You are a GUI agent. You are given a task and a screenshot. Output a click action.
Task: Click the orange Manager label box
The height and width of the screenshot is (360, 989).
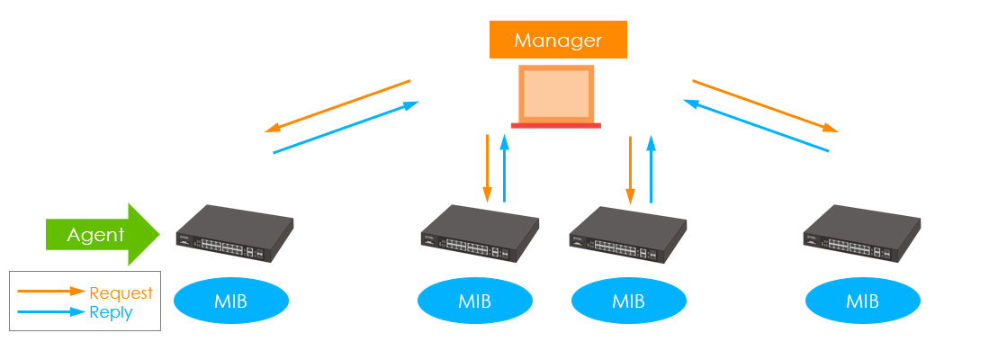click(558, 40)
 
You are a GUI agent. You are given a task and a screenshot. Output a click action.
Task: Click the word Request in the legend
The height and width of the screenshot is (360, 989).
click(121, 293)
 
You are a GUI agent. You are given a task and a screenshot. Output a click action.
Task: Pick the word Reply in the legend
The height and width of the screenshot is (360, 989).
click(112, 312)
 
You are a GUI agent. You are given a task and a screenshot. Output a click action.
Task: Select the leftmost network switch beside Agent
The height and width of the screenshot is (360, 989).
click(234, 234)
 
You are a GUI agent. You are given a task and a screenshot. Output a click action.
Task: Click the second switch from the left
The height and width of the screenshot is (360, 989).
click(480, 236)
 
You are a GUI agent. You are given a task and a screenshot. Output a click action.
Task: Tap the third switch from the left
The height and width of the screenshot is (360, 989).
click(629, 236)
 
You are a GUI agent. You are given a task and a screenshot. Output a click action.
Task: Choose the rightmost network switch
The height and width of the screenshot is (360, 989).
click(863, 236)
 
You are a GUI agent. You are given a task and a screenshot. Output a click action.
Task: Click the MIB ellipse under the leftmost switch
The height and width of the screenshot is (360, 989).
click(231, 301)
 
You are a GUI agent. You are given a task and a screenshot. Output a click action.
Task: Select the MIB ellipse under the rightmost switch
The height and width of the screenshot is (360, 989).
click(863, 301)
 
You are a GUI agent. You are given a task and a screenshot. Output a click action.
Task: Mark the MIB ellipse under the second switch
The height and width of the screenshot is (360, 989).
click(475, 301)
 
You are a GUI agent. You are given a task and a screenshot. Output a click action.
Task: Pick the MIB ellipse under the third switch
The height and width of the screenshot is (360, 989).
click(628, 301)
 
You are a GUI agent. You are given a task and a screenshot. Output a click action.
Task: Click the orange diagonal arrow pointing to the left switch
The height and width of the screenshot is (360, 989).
click(337, 106)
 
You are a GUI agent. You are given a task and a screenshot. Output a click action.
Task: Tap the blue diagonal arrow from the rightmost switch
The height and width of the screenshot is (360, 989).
click(756, 126)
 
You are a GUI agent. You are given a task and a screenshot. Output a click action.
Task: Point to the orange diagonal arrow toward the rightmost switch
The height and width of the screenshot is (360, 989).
click(765, 106)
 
